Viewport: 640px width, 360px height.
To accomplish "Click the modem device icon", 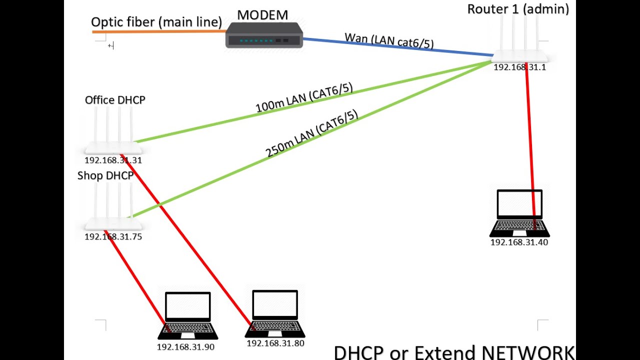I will (x=264, y=36).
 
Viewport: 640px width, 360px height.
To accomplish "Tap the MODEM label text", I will (x=262, y=14).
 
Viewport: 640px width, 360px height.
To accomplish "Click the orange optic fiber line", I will (x=160, y=31).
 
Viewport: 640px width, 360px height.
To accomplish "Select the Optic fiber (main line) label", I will (x=156, y=22).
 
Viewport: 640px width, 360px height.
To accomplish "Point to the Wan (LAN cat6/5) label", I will (x=389, y=40).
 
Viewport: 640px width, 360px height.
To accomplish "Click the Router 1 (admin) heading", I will (x=518, y=9).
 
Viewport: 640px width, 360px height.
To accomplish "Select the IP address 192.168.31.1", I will (x=519, y=67).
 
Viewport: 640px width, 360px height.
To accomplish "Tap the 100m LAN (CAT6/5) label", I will (x=304, y=98).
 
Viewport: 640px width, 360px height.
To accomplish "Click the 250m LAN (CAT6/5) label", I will (x=312, y=133).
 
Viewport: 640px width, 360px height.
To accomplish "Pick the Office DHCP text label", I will (x=115, y=100).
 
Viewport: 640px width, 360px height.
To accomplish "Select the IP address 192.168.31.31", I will (x=113, y=160).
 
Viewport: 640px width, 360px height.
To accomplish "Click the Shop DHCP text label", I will (x=105, y=176).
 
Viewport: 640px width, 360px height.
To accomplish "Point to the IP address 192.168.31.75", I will (x=113, y=236).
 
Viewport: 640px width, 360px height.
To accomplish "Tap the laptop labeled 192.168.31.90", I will (x=187, y=315).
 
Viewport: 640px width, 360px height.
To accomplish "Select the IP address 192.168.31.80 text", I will (x=275, y=343).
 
